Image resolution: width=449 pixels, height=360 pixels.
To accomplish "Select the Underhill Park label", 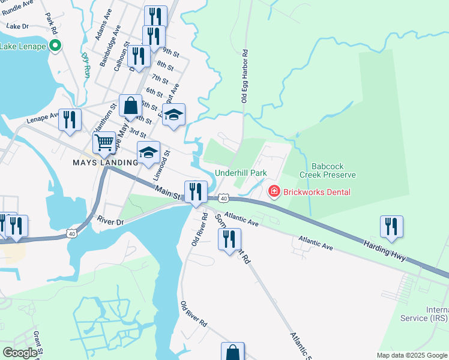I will (241, 173).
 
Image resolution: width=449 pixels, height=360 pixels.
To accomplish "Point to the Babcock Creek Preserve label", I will (334, 170).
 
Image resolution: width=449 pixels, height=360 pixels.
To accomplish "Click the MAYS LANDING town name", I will (101, 163).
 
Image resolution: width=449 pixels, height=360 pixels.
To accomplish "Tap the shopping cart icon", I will (104, 143).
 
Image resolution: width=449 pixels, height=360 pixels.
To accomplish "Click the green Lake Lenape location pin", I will (55, 45).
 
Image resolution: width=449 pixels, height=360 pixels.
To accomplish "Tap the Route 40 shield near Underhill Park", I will (223, 198).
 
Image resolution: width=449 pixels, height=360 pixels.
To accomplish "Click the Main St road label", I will (167, 193).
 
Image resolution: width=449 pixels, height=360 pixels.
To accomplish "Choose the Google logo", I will (20, 353).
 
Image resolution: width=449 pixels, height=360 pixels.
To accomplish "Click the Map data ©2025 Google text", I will (412, 355).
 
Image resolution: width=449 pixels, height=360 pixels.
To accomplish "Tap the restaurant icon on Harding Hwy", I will (391, 226).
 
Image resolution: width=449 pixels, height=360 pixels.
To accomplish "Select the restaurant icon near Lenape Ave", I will (70, 119).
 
